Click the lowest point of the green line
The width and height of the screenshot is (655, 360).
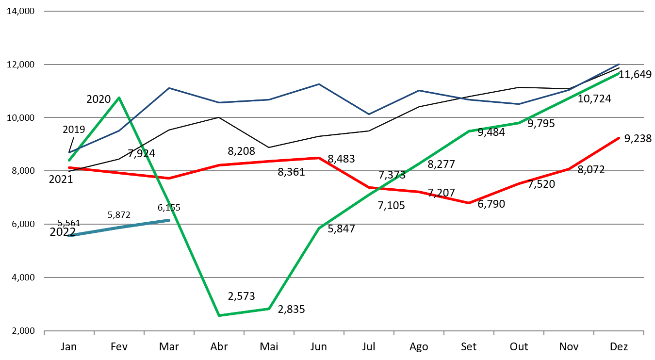[219, 315]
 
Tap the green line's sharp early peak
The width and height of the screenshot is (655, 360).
[119, 98]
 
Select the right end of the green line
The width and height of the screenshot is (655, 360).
[619, 74]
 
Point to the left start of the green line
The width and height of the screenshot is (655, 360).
[69, 160]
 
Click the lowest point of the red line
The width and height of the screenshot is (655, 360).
[469, 203]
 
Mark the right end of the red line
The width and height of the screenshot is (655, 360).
[619, 138]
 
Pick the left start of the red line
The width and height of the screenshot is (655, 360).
[69, 167]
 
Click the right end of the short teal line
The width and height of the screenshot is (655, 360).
[169, 220]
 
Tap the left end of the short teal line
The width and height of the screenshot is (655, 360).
[69, 236]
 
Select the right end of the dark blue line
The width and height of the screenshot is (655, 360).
[619, 64]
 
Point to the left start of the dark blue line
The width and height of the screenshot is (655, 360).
[69, 153]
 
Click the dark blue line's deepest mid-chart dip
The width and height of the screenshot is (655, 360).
[368, 115]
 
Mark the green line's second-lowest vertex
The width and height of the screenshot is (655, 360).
[269, 309]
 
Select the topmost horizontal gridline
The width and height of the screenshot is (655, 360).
[344, 11]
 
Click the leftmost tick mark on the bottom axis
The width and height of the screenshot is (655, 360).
[44, 332]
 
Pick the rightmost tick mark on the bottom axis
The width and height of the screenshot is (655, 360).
[643, 332]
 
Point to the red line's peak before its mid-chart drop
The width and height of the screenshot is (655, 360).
[319, 158]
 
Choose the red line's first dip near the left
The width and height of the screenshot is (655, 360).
[169, 178]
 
